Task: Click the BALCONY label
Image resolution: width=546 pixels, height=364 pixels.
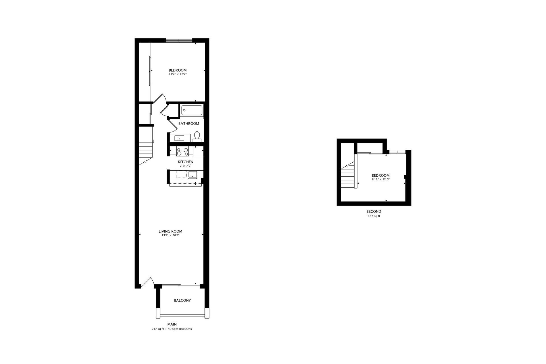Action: coord(182,300)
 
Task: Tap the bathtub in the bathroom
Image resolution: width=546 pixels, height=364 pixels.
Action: coord(192,110)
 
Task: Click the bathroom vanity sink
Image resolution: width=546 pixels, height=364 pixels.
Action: coord(179,138)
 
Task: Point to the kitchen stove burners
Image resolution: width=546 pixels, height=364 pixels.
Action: coord(182,152)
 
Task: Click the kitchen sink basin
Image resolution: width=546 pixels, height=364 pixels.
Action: coord(193,174)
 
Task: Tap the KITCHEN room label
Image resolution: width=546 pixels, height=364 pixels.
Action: coord(185,162)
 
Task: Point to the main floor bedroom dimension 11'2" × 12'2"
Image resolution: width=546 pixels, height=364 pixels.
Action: coord(177,74)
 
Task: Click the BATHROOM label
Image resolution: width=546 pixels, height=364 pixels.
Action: coord(189,123)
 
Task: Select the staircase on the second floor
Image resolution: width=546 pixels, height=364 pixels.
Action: coord(348,176)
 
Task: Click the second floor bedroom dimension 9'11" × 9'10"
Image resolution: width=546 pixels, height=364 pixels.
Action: coord(380,179)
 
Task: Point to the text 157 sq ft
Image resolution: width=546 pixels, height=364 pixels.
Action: coord(374,216)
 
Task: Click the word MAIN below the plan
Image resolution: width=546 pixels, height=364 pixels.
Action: coord(172,324)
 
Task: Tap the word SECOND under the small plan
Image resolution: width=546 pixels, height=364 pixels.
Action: coord(374,212)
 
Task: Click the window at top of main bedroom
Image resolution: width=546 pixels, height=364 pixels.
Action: coord(179,40)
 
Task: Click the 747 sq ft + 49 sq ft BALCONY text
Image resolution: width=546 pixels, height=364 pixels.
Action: coord(172,329)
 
